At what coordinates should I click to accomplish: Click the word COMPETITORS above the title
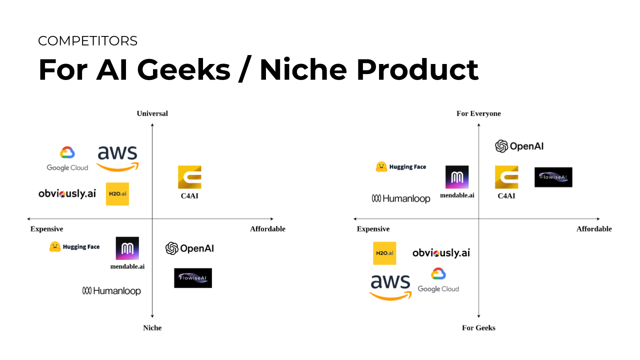click(87, 41)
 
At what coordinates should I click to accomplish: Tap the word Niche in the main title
click(303, 69)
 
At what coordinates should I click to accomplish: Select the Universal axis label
click(152, 113)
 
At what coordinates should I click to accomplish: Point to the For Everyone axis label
click(478, 113)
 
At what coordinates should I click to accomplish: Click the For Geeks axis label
click(478, 327)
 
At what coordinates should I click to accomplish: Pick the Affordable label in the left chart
click(267, 229)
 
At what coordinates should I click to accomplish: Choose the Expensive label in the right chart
click(373, 229)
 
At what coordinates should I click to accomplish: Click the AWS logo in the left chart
click(117, 158)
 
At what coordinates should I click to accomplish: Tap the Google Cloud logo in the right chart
click(438, 280)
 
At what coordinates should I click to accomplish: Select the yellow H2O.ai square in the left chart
click(117, 194)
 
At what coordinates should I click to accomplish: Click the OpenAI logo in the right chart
click(519, 146)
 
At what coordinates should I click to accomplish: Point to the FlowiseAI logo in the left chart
click(193, 278)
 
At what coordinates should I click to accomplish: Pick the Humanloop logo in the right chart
click(401, 198)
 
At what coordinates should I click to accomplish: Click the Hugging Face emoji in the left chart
click(55, 247)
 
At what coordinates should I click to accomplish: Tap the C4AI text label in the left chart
click(189, 196)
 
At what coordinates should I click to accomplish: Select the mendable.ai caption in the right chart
click(457, 195)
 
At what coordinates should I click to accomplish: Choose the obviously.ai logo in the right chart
click(441, 253)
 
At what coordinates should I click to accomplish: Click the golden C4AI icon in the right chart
click(506, 177)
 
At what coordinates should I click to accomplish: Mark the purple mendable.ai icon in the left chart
click(127, 248)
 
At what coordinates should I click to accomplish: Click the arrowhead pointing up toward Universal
click(152, 125)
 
